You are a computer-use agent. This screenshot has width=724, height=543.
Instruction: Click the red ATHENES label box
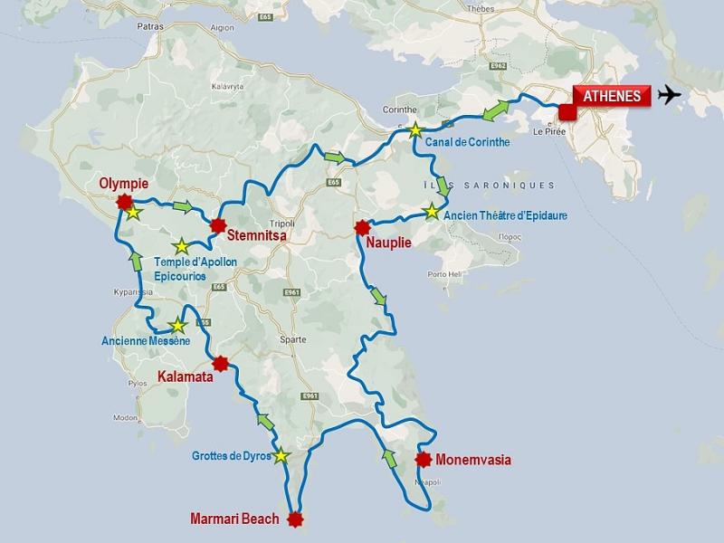(x=612, y=97)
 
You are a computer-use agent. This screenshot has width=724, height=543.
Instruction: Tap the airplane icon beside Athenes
(x=671, y=95)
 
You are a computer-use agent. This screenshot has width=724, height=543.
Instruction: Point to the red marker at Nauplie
(x=363, y=227)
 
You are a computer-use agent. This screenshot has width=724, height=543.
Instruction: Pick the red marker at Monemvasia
(x=422, y=459)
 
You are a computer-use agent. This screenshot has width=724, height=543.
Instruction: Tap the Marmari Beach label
(x=234, y=519)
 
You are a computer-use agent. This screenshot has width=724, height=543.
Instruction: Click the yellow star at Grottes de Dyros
(x=281, y=455)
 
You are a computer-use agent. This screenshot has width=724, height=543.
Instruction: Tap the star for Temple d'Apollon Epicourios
(x=182, y=246)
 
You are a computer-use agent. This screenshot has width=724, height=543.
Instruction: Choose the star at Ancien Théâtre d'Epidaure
(x=432, y=213)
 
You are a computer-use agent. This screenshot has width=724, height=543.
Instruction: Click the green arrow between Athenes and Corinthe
(x=492, y=112)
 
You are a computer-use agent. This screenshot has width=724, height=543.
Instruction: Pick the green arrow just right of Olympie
(x=184, y=207)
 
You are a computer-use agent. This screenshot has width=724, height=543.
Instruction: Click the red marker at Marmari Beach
(x=294, y=519)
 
